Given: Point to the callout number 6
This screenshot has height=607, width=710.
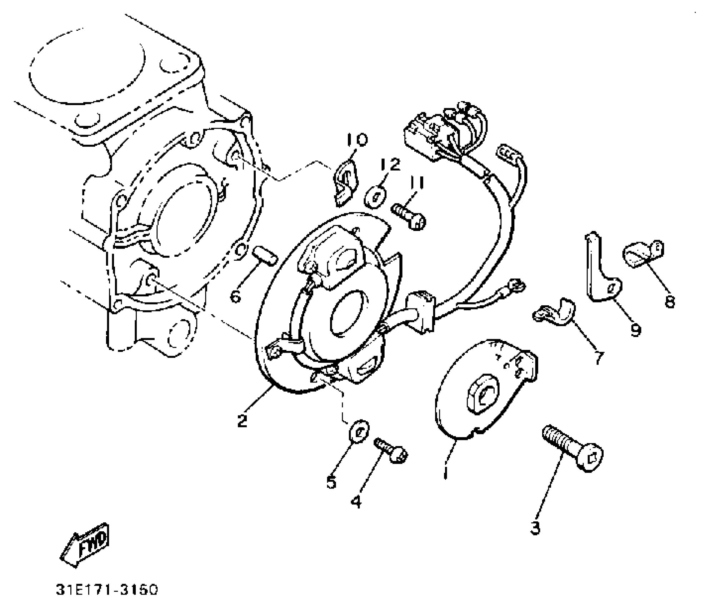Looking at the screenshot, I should [235, 296].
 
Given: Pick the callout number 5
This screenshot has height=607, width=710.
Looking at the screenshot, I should [331, 482].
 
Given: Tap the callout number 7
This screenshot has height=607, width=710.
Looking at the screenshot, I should [599, 357].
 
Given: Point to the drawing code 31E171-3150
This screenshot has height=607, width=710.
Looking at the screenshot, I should [107, 590].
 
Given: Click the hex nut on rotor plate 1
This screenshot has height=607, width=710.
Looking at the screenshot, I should [482, 394].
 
